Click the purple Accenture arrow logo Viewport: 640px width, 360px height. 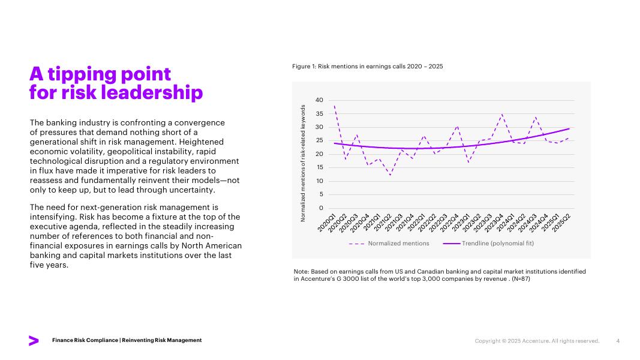[x=34, y=341]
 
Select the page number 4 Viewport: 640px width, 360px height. [x=618, y=341]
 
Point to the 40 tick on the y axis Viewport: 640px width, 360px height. [x=319, y=100]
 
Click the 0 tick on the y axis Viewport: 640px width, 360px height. [x=321, y=208]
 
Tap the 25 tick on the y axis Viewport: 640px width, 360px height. [x=319, y=140]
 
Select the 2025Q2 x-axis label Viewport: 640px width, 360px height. [x=561, y=223]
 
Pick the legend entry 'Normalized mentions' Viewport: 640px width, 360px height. [x=398, y=244]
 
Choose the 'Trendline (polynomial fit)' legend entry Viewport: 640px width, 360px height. [x=497, y=244]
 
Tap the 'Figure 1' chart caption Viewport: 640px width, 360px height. [x=367, y=66]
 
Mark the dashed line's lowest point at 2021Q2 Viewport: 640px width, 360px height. [x=390, y=175]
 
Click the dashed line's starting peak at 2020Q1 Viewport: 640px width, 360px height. [x=334, y=106]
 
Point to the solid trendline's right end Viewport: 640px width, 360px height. [x=569, y=128]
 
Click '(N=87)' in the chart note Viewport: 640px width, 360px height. [x=518, y=279]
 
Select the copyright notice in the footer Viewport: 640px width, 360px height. [x=537, y=341]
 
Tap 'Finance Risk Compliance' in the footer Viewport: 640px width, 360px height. [x=85, y=340]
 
